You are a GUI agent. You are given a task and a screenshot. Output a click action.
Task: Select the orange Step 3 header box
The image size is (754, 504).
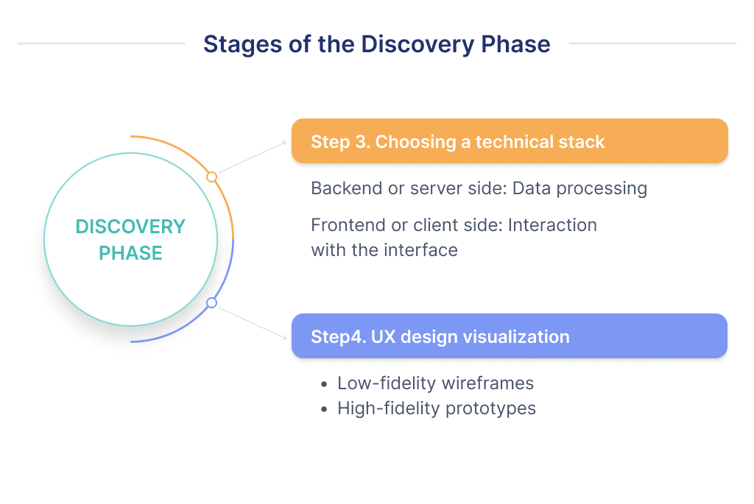(510, 141)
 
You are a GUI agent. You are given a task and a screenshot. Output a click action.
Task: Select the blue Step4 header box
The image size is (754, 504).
(510, 337)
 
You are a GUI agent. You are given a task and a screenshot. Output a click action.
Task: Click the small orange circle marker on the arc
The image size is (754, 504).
(212, 177)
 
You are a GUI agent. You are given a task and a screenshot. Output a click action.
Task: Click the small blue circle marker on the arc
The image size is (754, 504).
(212, 302)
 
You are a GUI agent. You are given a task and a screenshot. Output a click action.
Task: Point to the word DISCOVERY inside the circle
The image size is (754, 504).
(130, 227)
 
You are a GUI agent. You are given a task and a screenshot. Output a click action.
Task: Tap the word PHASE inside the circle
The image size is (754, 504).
(130, 254)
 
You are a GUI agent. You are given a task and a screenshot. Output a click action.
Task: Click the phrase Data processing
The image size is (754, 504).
(579, 188)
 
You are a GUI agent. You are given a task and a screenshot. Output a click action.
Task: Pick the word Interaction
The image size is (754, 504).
(552, 224)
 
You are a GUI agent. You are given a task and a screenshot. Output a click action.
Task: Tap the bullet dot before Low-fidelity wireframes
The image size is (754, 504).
(324, 385)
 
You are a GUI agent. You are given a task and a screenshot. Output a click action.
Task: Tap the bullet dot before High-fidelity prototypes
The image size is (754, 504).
(324, 409)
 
